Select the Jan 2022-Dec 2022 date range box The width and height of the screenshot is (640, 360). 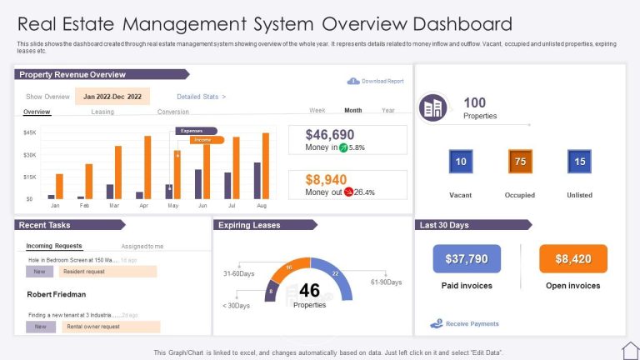(x=112, y=97)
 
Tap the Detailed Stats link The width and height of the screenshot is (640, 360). (x=201, y=97)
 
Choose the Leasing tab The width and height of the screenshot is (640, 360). (x=102, y=112)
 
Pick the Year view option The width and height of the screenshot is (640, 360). (x=388, y=110)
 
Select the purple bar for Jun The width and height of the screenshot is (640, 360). (x=198, y=183)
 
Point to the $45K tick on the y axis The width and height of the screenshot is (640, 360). (x=29, y=132)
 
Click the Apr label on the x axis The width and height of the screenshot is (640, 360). (x=143, y=205)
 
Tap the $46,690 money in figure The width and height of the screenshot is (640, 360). (x=330, y=134)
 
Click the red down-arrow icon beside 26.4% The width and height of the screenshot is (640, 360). (x=348, y=192)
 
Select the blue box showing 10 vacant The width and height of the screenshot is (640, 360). (x=461, y=162)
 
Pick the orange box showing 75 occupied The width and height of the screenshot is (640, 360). (x=520, y=162)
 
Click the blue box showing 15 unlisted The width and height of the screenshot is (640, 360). (x=579, y=162)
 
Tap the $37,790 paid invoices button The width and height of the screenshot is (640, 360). (x=467, y=259)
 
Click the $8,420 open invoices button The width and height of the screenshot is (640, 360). (x=573, y=259)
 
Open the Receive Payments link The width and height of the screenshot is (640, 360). (x=472, y=323)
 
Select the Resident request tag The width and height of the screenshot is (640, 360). (x=108, y=272)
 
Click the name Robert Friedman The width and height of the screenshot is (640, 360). (x=57, y=294)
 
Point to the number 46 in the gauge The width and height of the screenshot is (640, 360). (x=309, y=290)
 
